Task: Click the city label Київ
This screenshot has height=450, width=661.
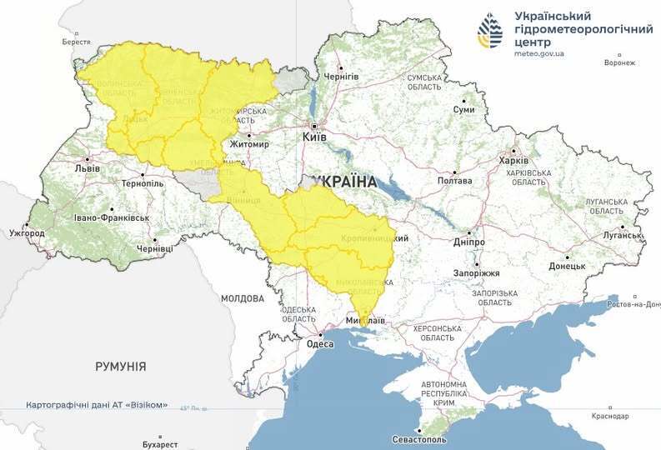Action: click(x=314, y=136)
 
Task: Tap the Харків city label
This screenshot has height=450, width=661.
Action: click(x=513, y=161)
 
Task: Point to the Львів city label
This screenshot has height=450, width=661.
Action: click(x=88, y=167)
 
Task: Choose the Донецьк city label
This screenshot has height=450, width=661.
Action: click(x=567, y=267)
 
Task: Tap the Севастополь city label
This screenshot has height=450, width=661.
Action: click(x=420, y=439)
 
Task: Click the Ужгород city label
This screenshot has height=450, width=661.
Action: click(x=27, y=233)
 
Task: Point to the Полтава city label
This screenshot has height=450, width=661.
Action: click(x=454, y=181)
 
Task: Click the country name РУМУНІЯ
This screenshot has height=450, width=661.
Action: click(x=121, y=366)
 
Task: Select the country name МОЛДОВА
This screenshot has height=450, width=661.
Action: click(x=243, y=297)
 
